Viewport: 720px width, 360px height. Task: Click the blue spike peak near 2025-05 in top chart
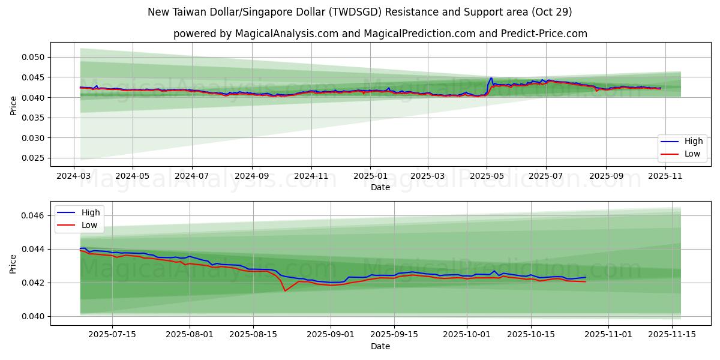(491, 78)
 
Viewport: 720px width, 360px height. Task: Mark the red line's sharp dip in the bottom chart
(285, 291)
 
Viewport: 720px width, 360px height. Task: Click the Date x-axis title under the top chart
(380, 187)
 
